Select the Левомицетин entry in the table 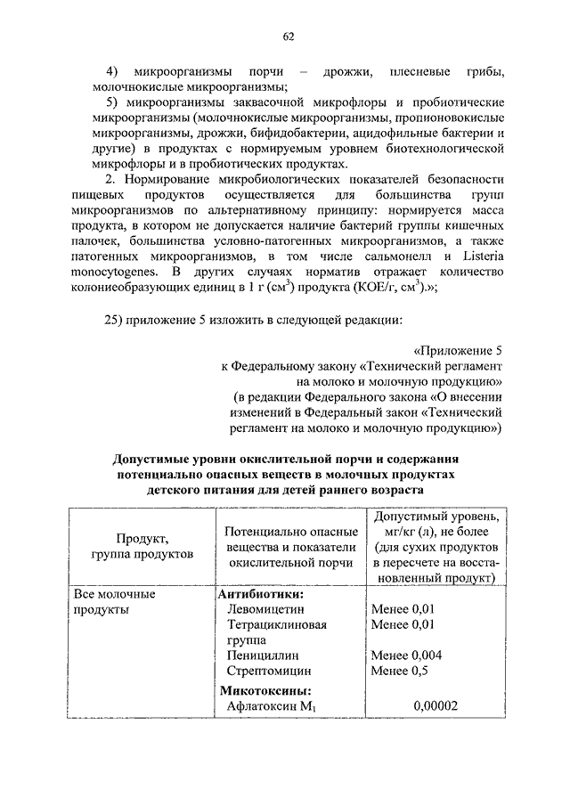(x=265, y=609)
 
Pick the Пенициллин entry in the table (x=262, y=655)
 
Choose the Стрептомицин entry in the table (x=268, y=671)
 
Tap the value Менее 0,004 (x=406, y=655)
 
